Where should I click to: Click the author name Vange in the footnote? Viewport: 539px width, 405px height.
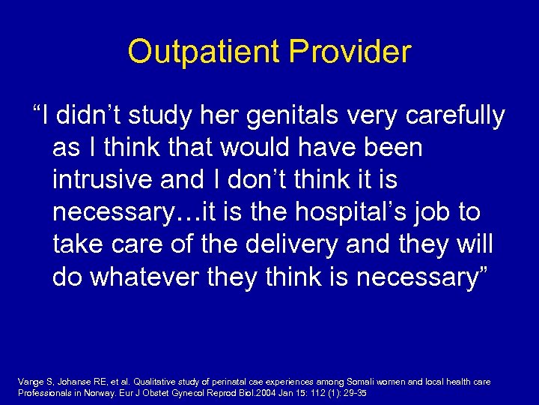click(30, 382)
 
